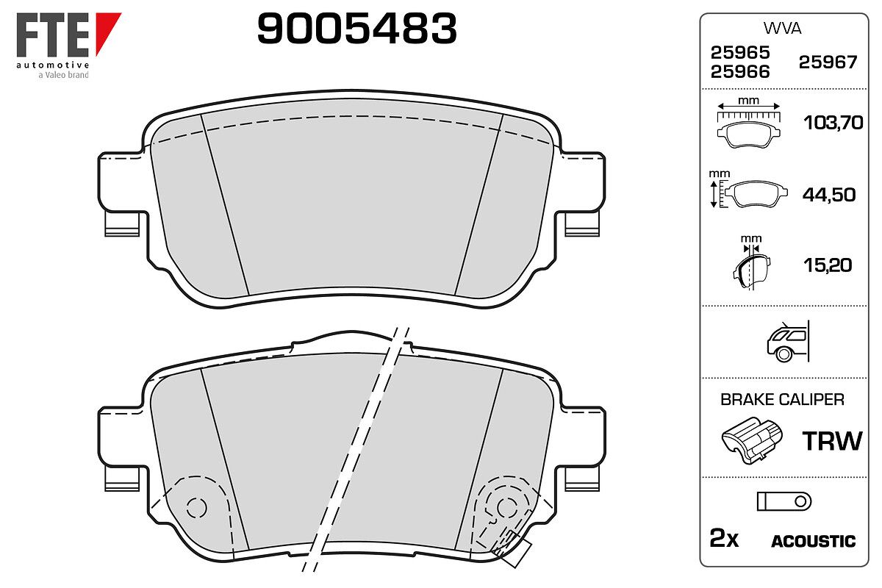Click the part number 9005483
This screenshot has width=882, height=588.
click(356, 29)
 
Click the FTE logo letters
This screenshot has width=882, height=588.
click(53, 35)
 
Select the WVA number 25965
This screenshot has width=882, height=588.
click(740, 53)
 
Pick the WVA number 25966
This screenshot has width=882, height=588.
click(740, 72)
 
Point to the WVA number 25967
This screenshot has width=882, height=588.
click(828, 62)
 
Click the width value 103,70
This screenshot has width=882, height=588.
click(833, 123)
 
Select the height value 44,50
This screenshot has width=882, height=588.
click(829, 195)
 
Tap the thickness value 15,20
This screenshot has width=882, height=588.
click(828, 265)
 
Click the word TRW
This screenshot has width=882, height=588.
click(832, 441)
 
